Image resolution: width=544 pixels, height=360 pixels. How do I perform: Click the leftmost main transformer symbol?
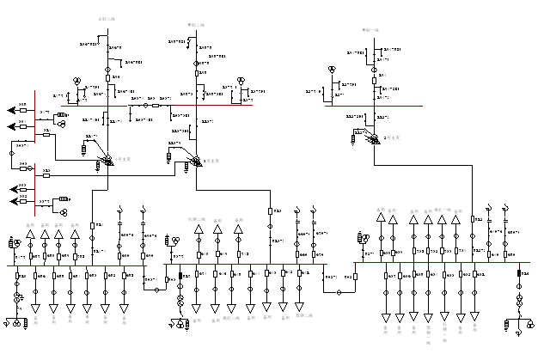[x=107, y=160]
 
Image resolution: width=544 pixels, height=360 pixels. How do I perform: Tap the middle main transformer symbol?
[x=197, y=160]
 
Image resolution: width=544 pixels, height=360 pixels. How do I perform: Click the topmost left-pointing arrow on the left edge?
[x=13, y=109]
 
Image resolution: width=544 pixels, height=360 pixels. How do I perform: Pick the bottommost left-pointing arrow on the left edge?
[x=13, y=201]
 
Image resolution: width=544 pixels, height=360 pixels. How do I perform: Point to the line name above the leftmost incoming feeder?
[x=106, y=16]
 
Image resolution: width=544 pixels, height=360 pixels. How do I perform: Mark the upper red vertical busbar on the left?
[x=34, y=116]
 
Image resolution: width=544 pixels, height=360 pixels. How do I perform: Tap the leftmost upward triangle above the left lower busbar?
[x=33, y=229]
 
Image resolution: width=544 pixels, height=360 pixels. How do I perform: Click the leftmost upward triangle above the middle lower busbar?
[x=199, y=229]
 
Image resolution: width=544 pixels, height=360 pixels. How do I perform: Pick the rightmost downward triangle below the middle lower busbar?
[x=300, y=308]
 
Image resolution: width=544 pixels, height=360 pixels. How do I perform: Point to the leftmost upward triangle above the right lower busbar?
[x=380, y=219]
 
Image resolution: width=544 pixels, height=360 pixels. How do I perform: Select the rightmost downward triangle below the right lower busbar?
[x=474, y=316]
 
